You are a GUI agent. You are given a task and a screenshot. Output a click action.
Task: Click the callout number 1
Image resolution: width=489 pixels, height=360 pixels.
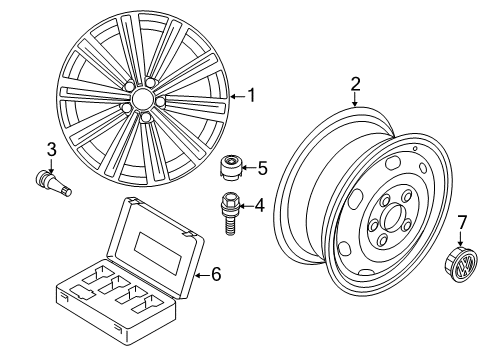click(251, 96)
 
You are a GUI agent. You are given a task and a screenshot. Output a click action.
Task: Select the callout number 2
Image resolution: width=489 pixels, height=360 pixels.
click(355, 84)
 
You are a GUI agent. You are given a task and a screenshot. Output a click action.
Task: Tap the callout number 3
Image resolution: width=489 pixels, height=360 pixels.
click(52, 150)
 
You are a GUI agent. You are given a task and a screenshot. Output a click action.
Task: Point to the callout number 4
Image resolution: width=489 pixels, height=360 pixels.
click(259, 206)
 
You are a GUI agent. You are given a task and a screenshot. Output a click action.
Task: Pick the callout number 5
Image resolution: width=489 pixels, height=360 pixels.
click(263, 168)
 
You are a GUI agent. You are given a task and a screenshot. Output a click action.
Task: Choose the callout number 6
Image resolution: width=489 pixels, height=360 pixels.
click(216, 275)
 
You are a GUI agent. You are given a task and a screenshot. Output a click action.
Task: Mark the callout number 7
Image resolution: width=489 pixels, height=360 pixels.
click(462, 222)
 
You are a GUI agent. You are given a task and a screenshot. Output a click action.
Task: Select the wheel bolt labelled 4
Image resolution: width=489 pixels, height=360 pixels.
click(229, 213)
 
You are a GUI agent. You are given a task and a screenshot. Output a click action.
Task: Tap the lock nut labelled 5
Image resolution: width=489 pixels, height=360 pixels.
click(230, 168)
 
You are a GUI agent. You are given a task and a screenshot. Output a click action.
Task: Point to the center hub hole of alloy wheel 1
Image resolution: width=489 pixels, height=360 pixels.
click(141, 98)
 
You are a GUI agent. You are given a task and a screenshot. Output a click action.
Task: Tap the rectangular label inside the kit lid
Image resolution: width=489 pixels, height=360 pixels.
click(158, 254)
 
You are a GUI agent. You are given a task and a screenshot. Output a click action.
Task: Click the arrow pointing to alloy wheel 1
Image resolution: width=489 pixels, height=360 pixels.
click(238, 97)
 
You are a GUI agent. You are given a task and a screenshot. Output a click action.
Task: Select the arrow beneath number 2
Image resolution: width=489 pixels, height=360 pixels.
click(355, 100)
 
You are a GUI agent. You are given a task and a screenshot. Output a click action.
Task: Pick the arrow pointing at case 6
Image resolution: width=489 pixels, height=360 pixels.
click(202, 275)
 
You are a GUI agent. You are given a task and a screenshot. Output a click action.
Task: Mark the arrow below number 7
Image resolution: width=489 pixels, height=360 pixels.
click(460, 239)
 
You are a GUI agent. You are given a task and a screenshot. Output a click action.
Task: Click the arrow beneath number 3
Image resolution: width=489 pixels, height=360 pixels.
click(51, 166)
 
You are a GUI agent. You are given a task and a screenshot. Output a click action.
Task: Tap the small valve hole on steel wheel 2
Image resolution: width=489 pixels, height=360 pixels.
click(415, 149)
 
